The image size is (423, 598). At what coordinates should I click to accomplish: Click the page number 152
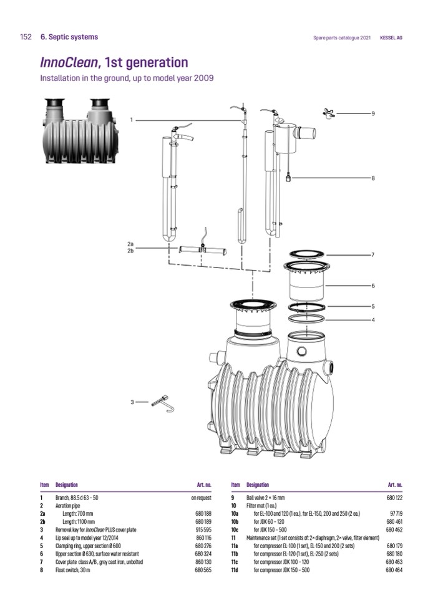point(26,37)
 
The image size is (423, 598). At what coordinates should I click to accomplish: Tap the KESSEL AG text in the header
point(391,38)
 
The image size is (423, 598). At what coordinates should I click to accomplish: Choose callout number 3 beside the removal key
point(132,402)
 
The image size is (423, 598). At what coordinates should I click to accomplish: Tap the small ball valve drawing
point(329,113)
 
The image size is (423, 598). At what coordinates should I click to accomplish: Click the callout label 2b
point(130,251)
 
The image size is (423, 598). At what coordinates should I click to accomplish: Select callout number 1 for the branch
point(131,120)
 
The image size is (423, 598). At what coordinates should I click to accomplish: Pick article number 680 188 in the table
point(203,514)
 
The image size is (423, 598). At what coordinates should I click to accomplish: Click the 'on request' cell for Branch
point(202,498)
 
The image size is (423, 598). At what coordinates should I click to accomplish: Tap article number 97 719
point(396,514)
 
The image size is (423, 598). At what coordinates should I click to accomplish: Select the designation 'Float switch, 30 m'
point(73,570)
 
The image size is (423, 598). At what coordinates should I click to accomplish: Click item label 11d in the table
point(235,570)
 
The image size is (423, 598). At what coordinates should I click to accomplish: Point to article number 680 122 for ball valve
point(394,498)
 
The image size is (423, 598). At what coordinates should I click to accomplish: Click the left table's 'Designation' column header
point(67,485)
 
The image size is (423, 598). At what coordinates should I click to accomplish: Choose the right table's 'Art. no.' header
point(395,485)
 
